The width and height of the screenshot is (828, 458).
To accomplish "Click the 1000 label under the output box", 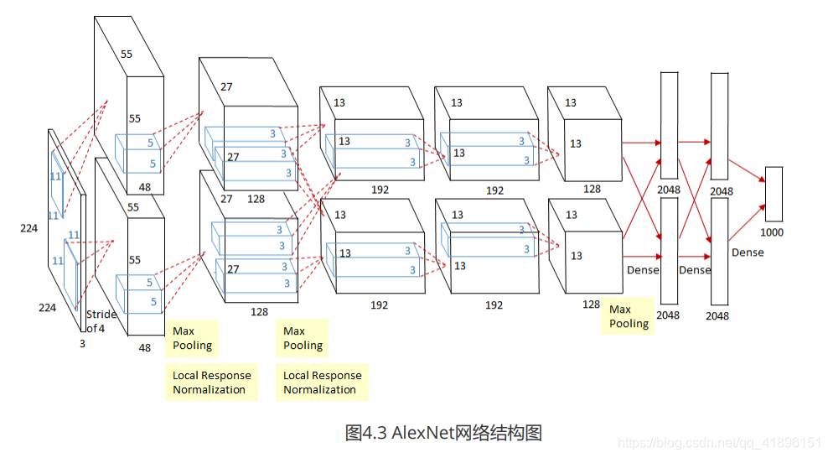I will [x=772, y=232].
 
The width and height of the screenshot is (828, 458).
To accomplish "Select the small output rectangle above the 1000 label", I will [x=774, y=194].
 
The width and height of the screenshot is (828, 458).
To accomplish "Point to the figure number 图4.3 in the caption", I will [x=366, y=433].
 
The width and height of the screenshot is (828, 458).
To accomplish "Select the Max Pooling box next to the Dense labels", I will [x=629, y=316].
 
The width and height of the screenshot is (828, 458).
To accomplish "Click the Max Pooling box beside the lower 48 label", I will [x=192, y=338].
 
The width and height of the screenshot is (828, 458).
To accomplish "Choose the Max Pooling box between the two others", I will [x=303, y=338].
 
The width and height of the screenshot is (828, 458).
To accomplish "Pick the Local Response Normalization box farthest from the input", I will [x=322, y=383].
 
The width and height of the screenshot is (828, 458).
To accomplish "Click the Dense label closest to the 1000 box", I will [x=748, y=252].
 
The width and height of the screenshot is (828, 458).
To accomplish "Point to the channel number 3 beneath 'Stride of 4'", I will [x=82, y=344].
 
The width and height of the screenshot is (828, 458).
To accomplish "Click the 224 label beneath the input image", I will [x=47, y=308].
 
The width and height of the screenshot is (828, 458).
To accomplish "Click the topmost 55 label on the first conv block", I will [x=126, y=54].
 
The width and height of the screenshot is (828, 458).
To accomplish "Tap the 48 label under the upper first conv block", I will [x=145, y=187].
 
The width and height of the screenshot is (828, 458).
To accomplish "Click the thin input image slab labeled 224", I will [x=67, y=218].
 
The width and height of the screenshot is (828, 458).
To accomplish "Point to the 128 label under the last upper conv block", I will [x=592, y=189].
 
